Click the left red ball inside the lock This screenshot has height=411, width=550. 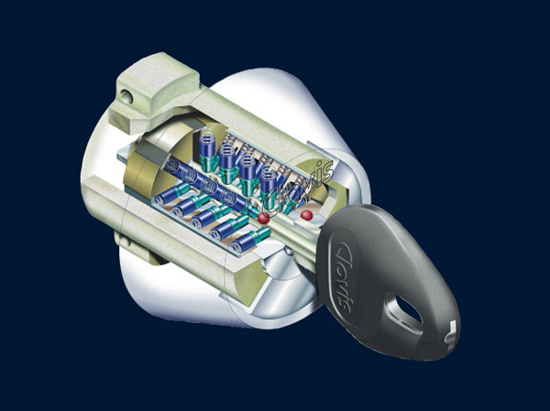click(x=263, y=218)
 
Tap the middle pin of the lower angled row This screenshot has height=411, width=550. click(x=211, y=219)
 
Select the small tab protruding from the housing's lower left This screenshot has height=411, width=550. click(x=128, y=240)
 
